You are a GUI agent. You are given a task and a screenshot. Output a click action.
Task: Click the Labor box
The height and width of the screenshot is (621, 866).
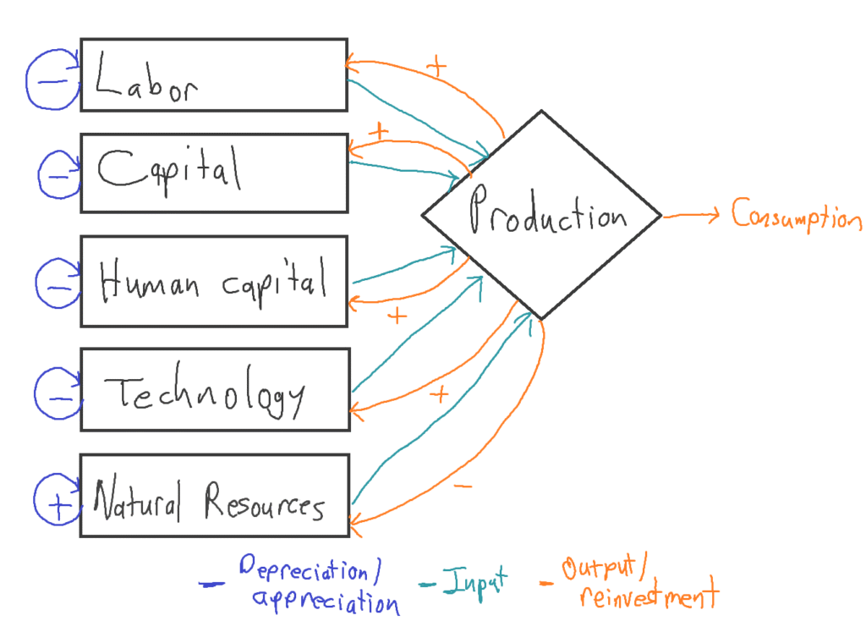coord(213,74)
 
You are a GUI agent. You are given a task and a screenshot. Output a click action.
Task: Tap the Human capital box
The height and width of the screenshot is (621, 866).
coord(213,281)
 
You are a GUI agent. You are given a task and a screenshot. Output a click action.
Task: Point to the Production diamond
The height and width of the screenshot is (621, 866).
coord(541,216)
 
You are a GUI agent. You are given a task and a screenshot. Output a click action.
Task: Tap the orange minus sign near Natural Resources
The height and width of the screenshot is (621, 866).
coord(463,486)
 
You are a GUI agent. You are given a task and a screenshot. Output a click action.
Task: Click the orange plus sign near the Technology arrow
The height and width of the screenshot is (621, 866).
coord(439,393)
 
